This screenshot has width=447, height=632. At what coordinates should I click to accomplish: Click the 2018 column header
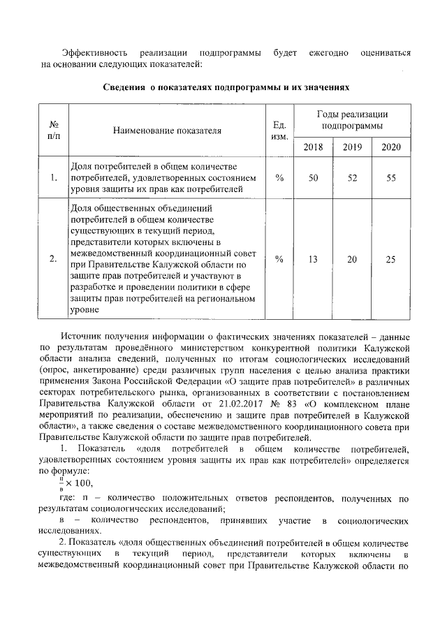[x=313, y=147]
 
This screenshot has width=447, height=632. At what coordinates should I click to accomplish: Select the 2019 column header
[x=352, y=147]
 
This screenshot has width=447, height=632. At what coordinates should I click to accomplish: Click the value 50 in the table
[x=313, y=178]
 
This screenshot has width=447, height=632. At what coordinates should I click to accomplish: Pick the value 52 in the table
[x=352, y=178]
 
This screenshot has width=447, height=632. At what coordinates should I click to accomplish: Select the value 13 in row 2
[x=313, y=259]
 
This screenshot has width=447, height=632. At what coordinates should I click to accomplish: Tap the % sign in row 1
[x=279, y=178]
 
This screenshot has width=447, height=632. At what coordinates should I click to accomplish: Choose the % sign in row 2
[x=279, y=259]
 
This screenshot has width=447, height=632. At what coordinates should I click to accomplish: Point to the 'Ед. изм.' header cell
[x=279, y=130]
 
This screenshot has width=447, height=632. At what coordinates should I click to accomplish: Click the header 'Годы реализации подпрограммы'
[x=352, y=119]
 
